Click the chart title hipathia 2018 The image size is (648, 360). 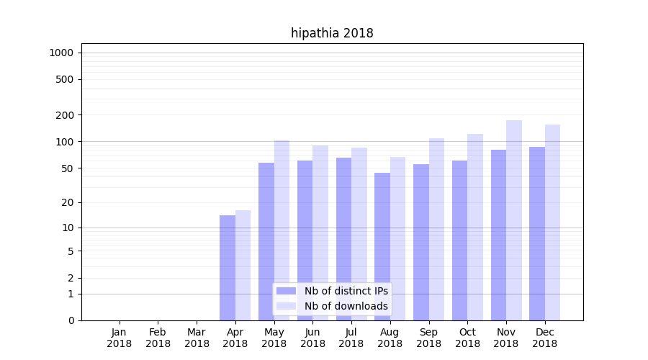pos(332,33)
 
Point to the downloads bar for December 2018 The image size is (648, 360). pos(552,222)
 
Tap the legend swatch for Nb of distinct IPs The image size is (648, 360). pos(287,291)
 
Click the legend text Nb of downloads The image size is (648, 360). pos(346,306)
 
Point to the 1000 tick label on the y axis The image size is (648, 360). pos(61,53)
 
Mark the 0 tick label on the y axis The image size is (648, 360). pos(71,320)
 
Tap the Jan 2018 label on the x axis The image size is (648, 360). pos(120,338)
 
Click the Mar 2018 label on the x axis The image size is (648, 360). pos(197,338)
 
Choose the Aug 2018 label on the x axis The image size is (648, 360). pos(390,338)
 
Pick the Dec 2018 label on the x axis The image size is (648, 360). pos(545,338)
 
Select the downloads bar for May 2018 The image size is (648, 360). pos(282,230)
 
